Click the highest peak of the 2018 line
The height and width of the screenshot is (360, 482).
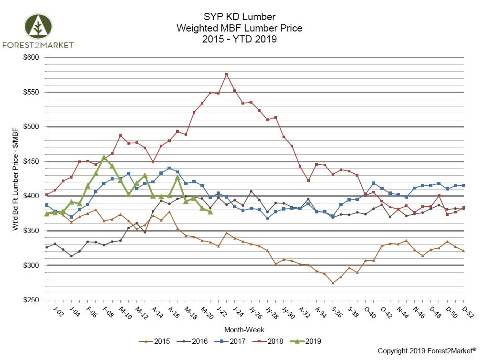[x=226, y=74]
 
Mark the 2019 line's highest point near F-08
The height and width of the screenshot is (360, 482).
[x=104, y=157]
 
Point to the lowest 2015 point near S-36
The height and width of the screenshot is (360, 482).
[x=333, y=283]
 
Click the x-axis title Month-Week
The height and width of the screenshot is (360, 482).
[x=244, y=330]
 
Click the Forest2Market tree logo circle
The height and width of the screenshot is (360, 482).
[x=38, y=27]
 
